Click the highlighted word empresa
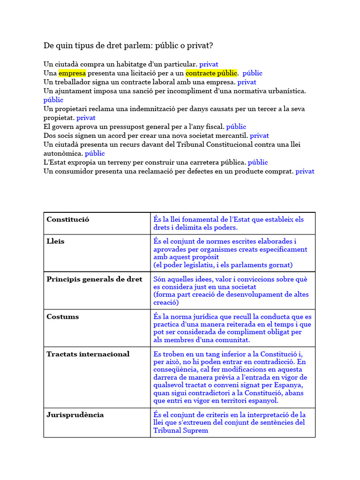click(72, 73)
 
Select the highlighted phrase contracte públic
click(211, 73)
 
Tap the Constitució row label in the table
click(67, 219)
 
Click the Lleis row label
click(55, 241)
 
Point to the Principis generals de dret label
click(94, 279)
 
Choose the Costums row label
click(62, 317)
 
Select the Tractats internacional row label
click(88, 354)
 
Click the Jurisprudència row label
click(75, 415)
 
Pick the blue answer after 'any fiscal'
click(236, 127)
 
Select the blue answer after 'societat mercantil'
click(259, 135)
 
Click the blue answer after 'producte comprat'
click(305, 172)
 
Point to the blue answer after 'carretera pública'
click(258, 162)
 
